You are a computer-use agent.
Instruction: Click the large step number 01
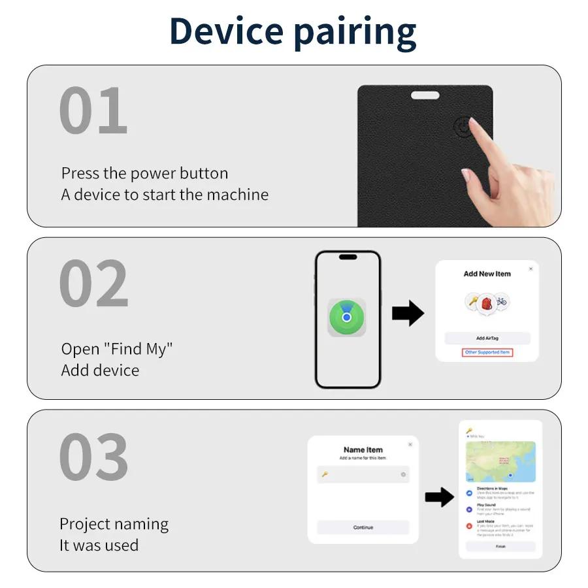[x=93, y=112]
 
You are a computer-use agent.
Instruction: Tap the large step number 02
[x=93, y=284]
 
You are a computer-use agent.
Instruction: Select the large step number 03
[x=93, y=457]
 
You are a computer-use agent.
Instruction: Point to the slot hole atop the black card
[x=425, y=95]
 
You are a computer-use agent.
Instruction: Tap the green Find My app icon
[x=347, y=318]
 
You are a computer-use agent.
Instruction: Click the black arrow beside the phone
[x=408, y=314]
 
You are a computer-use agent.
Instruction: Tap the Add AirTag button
[x=487, y=338]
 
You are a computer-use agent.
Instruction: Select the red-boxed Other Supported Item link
[x=487, y=352]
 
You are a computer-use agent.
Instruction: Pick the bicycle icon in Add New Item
[x=501, y=302]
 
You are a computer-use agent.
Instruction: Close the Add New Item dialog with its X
[x=531, y=269]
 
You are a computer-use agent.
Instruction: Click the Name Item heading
[x=363, y=449]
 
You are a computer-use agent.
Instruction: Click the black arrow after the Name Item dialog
[x=439, y=497]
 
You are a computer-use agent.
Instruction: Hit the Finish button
[x=500, y=546]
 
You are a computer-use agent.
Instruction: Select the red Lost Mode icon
[x=470, y=525]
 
